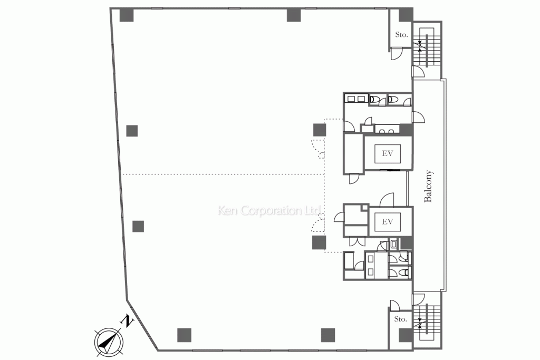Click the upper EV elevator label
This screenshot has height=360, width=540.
point(388,153)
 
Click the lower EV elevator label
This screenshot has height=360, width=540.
point(388,222)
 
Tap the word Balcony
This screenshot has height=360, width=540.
point(428,186)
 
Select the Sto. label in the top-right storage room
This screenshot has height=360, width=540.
point(401,34)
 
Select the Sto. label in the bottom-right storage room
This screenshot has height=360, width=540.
point(401,319)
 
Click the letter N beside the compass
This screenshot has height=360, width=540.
point(127,321)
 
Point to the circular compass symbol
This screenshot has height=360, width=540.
point(109,342)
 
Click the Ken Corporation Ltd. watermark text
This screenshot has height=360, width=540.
point(270,210)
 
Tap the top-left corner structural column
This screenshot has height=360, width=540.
point(127,15)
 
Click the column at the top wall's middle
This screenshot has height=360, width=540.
point(294,15)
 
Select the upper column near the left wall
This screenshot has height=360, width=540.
point(132,131)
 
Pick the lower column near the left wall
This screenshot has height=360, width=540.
point(138,226)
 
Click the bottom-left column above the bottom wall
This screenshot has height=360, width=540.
point(184,335)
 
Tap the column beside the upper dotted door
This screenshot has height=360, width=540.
point(320,130)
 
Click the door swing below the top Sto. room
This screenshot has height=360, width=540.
point(396,54)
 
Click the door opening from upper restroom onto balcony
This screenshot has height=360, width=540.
point(418,118)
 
